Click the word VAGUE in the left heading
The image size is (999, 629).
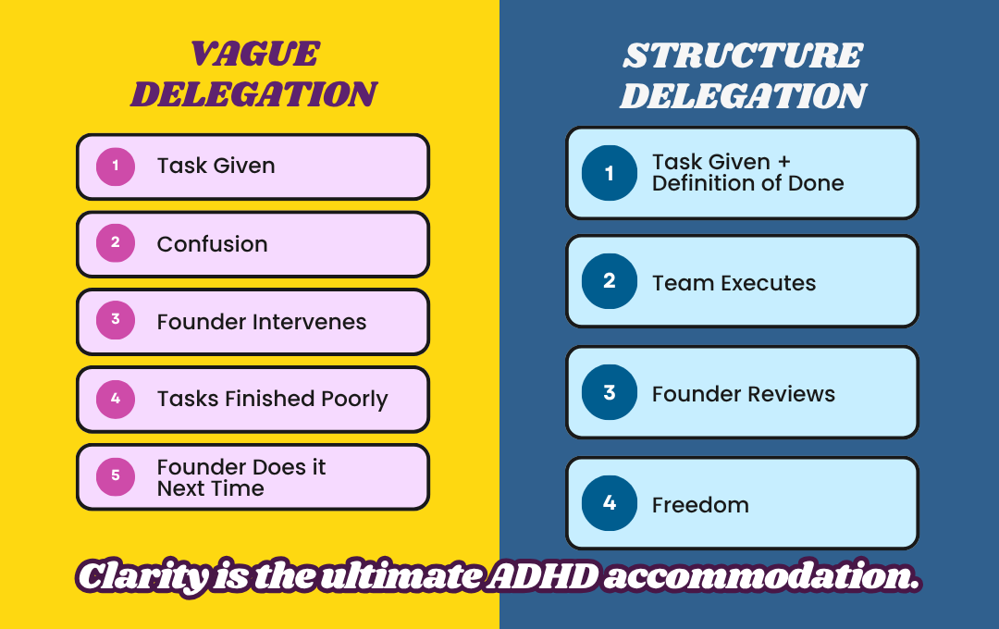tap(255, 54)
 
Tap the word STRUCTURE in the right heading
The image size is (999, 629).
tap(743, 55)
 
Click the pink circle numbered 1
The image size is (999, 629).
tap(116, 166)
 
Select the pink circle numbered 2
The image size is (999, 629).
tap(116, 242)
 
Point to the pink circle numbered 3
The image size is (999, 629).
tap(116, 320)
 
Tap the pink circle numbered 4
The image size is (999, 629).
tap(116, 399)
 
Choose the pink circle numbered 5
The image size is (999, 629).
tap(116, 476)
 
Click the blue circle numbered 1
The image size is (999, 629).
tap(609, 173)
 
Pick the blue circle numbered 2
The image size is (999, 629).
tap(609, 281)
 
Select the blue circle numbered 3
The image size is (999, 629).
tap(609, 392)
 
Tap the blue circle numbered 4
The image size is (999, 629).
tap(609, 503)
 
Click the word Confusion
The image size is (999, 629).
tap(212, 244)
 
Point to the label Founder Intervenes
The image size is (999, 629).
tap(262, 322)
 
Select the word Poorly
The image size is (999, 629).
tap(355, 400)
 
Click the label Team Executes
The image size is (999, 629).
tap(734, 283)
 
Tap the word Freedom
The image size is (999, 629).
tap(700, 505)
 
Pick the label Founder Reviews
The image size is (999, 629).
tap(744, 394)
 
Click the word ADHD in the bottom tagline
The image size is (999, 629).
tap(544, 577)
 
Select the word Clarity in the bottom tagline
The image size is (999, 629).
tap(143, 577)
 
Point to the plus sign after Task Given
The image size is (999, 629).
tap(784, 163)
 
